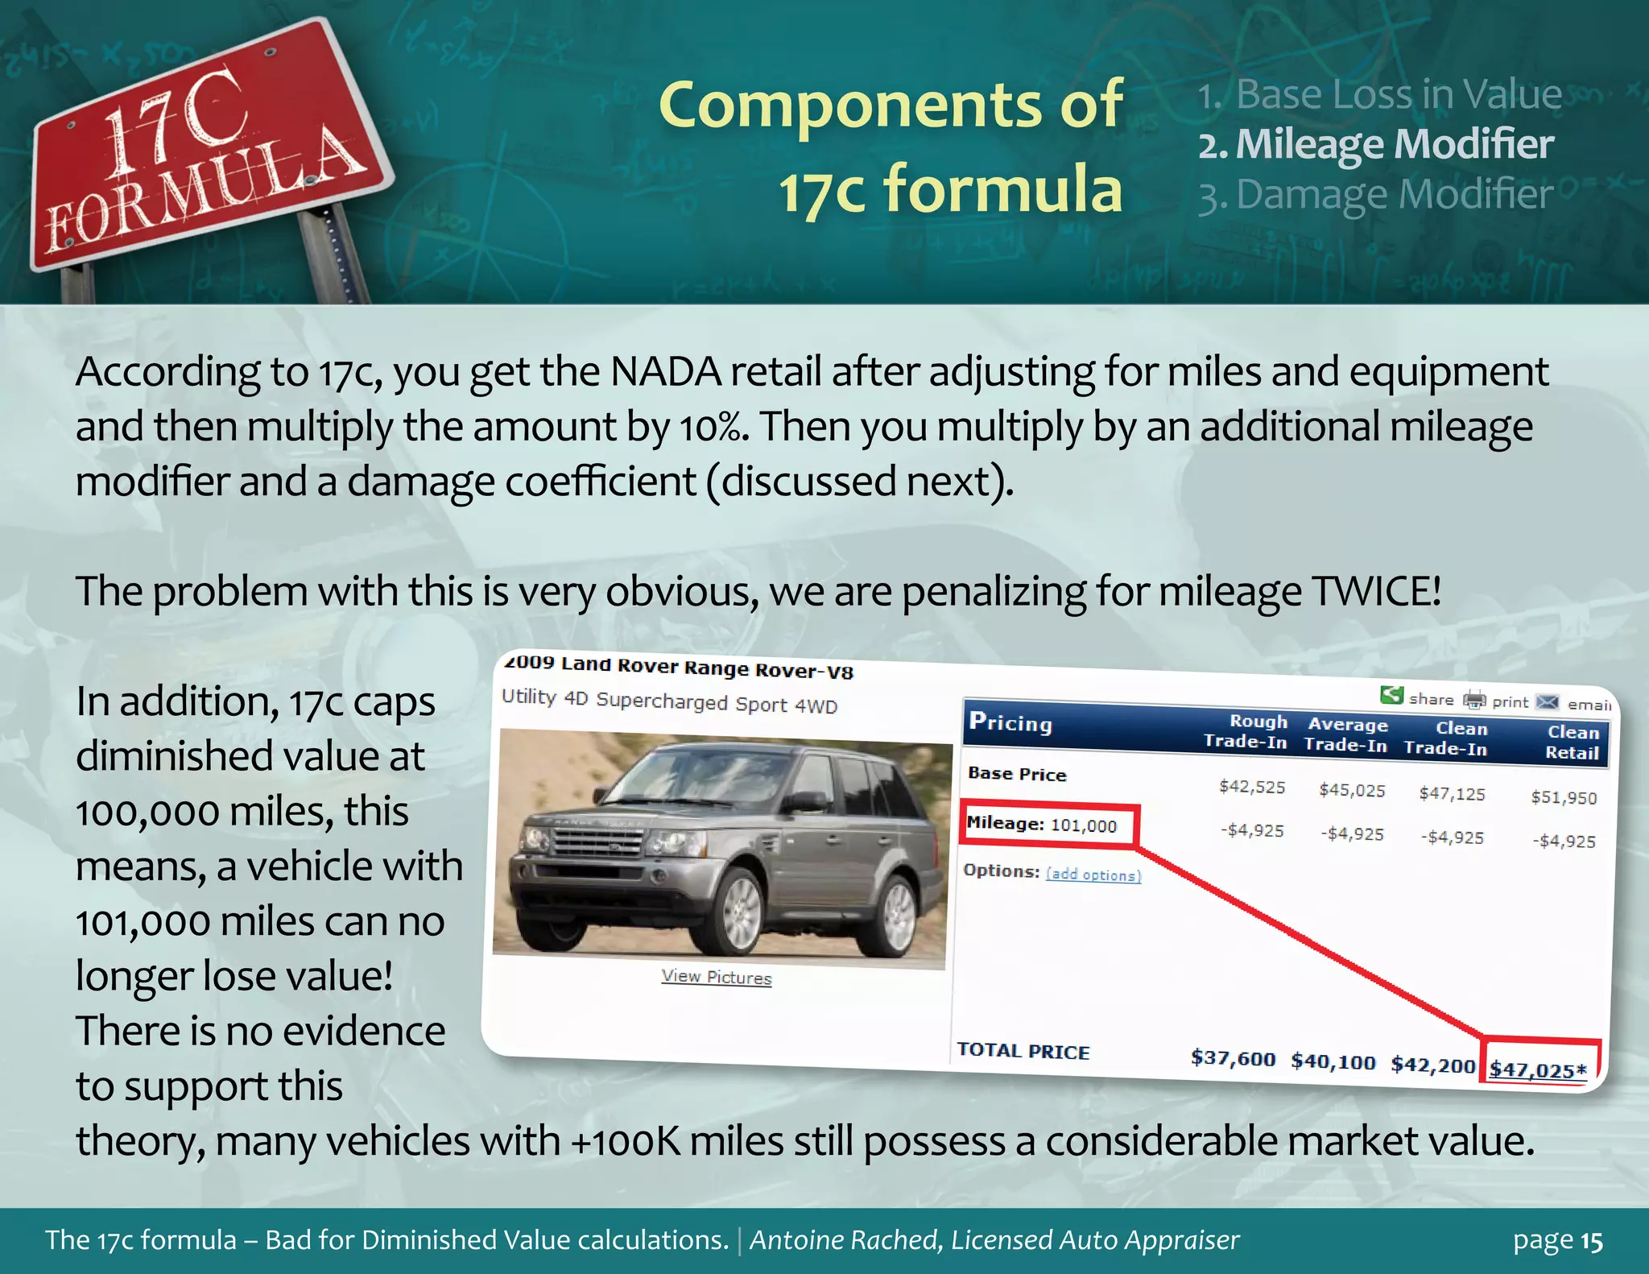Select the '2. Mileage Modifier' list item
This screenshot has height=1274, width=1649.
click(1375, 145)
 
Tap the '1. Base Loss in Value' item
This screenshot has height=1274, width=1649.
click(1379, 94)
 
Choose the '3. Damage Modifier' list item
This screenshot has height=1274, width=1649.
click(1375, 196)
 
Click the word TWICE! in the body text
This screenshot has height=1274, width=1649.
click(1376, 592)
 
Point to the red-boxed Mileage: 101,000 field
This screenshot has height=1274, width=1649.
click(1047, 825)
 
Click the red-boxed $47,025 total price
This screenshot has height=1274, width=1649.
click(1538, 1069)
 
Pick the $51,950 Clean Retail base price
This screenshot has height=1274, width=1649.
click(1563, 797)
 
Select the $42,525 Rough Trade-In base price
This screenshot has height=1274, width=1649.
click(1252, 787)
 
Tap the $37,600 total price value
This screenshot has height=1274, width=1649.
click(1233, 1057)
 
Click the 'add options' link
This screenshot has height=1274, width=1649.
click(1093, 875)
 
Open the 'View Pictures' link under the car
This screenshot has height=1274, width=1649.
click(716, 977)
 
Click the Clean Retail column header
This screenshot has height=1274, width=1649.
click(1572, 742)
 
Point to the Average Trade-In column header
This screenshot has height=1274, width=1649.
click(1346, 734)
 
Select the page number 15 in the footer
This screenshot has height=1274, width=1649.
click(1592, 1241)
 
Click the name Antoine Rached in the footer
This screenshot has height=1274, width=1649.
click(845, 1240)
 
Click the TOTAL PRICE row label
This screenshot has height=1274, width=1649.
click(1023, 1051)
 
